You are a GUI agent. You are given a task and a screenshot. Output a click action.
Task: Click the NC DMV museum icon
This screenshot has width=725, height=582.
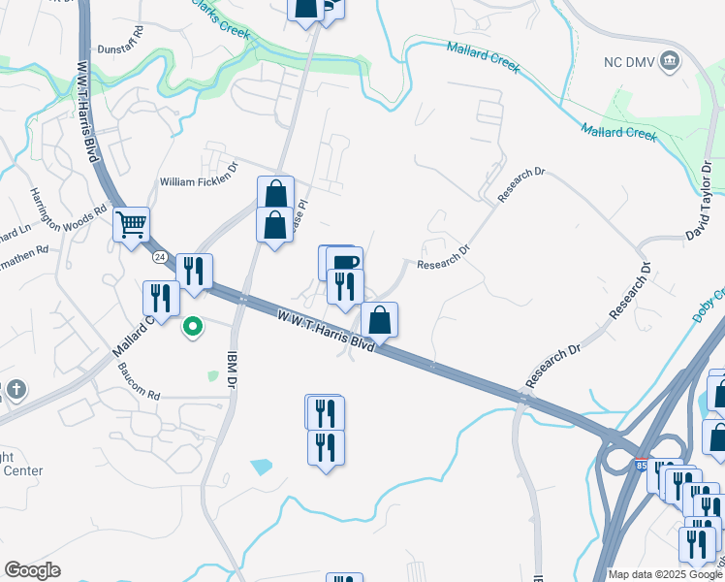point(669,63)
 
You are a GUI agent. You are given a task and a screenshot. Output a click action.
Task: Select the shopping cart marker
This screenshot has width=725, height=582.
point(131,225)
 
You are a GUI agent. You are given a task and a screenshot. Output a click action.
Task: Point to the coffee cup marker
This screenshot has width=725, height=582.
point(343,263)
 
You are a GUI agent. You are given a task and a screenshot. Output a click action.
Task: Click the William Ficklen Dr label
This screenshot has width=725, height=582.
point(198,181)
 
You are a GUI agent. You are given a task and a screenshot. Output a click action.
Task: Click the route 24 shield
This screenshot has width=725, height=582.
point(158,257)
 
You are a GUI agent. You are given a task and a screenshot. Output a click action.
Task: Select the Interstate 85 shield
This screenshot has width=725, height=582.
point(640,467)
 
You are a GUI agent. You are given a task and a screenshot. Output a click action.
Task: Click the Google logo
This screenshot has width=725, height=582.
point(32,571)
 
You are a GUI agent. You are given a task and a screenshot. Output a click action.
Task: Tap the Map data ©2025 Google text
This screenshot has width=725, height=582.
point(665,574)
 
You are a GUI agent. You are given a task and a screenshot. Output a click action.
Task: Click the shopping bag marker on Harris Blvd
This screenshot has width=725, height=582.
point(379,319)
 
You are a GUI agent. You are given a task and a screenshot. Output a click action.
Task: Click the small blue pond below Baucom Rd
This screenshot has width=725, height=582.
point(262,467)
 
